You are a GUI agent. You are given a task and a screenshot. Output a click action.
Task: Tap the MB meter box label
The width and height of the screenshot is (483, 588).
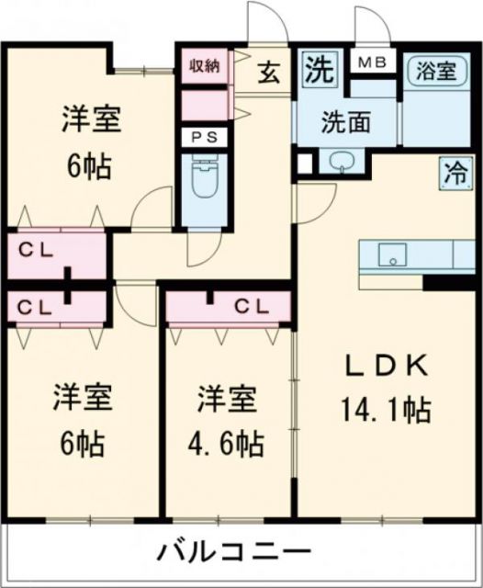(x=372, y=62)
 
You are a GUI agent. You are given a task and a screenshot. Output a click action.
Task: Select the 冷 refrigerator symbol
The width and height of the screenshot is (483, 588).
(x=454, y=171)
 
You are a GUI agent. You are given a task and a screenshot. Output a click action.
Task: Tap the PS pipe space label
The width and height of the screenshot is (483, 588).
(x=205, y=137)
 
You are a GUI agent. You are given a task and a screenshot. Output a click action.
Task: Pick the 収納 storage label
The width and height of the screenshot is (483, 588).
(x=205, y=65)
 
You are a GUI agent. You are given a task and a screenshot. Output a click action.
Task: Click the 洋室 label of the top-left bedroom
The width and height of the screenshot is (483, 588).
(x=92, y=119)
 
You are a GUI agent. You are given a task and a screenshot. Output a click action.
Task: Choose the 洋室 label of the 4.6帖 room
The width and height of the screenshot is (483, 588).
(x=225, y=401)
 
